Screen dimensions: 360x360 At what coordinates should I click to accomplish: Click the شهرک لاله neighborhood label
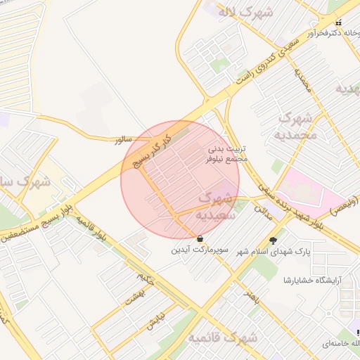click(236, 12)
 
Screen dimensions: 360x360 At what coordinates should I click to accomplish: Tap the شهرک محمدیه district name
click(295, 126)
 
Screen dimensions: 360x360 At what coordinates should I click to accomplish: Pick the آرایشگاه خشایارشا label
click(311, 280)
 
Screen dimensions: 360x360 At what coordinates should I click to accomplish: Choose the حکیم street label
click(146, 281)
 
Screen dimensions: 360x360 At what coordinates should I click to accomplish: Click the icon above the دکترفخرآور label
click(340, 22)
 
